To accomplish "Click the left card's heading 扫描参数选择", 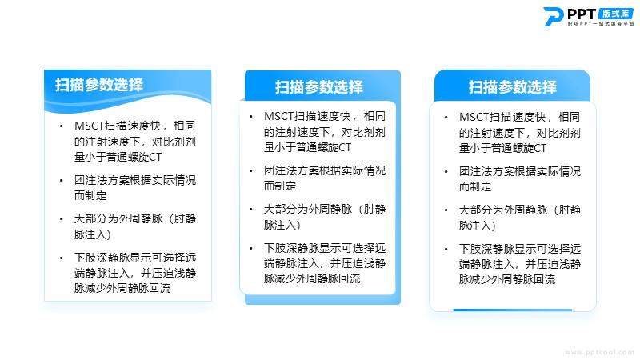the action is tap(99, 85).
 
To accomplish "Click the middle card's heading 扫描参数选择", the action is tap(318, 87).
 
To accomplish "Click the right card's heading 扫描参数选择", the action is tap(512, 87).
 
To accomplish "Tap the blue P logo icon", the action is tap(553, 17).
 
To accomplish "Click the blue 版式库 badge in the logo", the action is tap(616, 14).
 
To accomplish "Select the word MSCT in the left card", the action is tap(90, 126).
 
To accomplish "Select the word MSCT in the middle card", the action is tap(278, 116).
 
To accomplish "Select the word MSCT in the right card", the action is tap(474, 117).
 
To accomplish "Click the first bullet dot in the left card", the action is tap(62, 126).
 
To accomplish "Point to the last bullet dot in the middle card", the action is tap(250, 248).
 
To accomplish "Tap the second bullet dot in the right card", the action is tap(446, 172).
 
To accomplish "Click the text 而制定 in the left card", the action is tap(90, 195).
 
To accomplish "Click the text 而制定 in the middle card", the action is tap(279, 186).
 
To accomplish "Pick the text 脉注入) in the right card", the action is tap(477, 226).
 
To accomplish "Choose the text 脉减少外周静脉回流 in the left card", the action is tap(122, 288).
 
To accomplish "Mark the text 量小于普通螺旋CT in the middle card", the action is tap(307, 147).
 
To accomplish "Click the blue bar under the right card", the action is tap(512, 310).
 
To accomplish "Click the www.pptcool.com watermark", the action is tap(598, 352).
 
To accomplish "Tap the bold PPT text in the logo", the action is tap(582, 14).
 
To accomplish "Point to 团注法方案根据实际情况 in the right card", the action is tap(519, 171).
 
